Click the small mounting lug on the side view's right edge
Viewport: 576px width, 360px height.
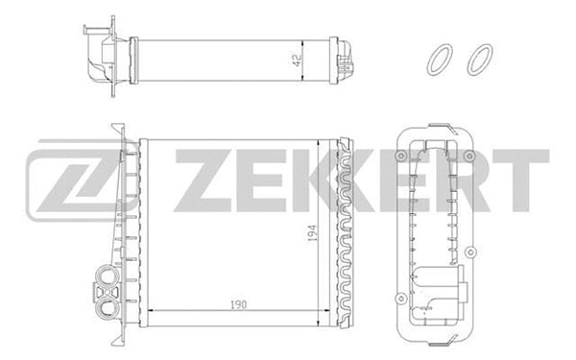(469, 254)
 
